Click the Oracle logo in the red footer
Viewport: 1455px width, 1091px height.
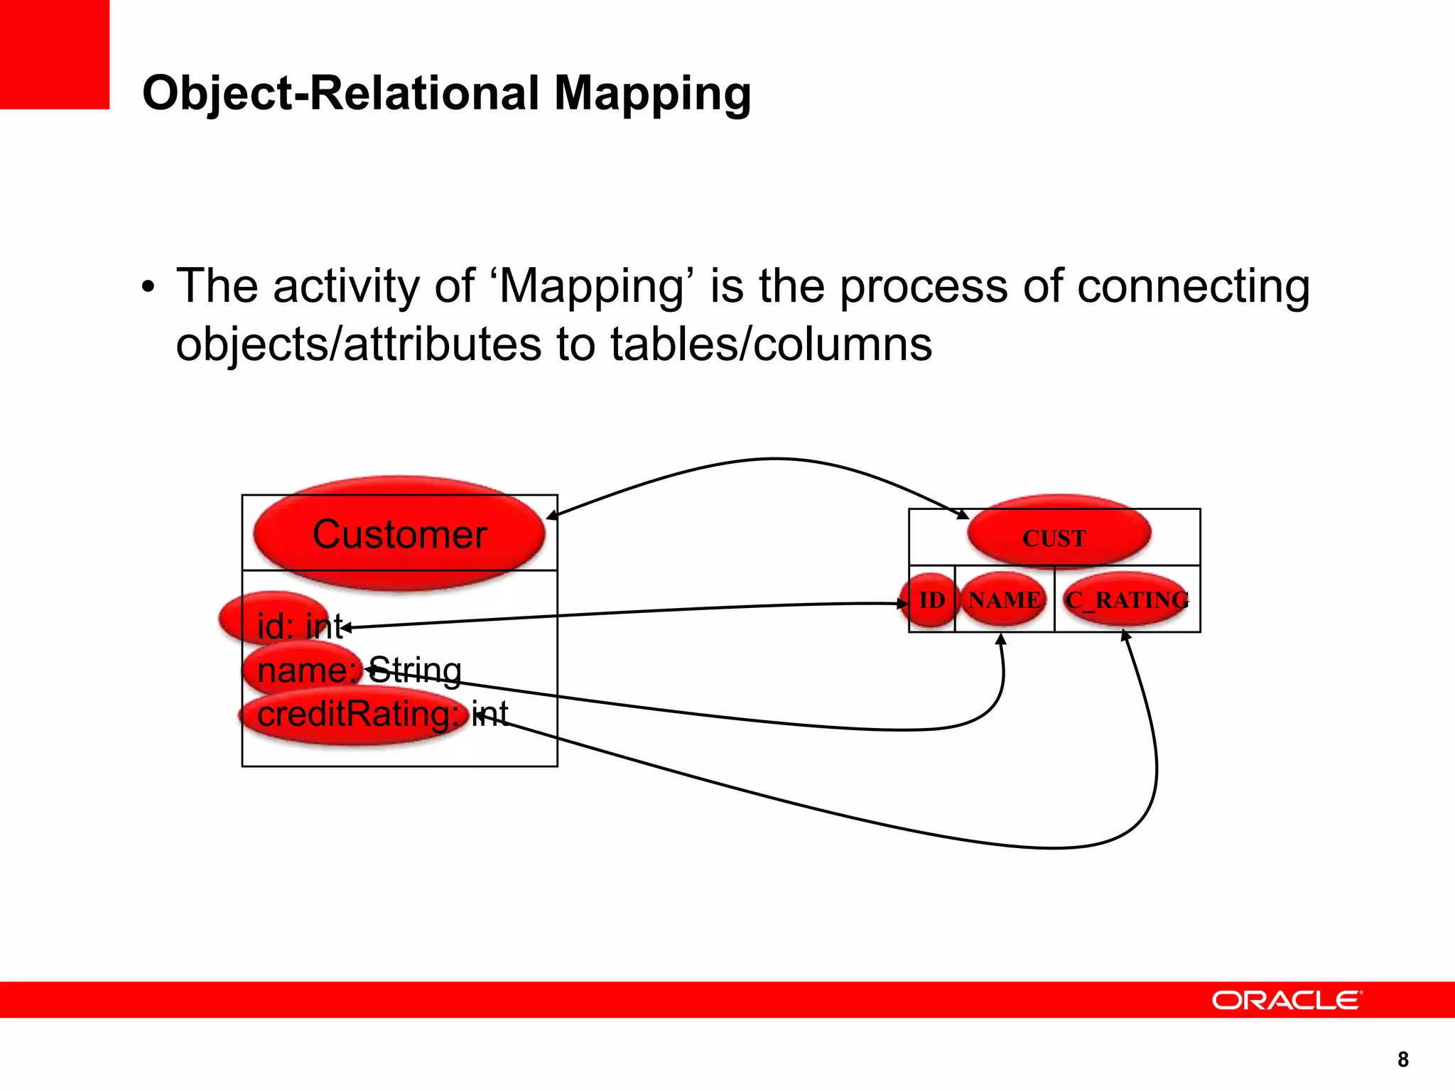1287,1000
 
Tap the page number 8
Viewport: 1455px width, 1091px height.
1402,1059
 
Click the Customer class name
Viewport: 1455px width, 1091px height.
399,534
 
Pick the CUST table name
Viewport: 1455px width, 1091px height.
1054,538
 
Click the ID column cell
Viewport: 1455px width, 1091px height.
932,600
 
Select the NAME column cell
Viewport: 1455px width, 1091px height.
1005,600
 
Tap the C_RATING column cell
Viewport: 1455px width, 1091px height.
1127,600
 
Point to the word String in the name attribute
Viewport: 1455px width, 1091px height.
416,670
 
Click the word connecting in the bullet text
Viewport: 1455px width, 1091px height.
1193,286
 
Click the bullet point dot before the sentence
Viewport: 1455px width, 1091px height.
148,288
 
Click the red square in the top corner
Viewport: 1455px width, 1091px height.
54,54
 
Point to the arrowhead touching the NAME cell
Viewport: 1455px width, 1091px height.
1001,639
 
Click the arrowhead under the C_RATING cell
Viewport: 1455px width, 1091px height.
1125,634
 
